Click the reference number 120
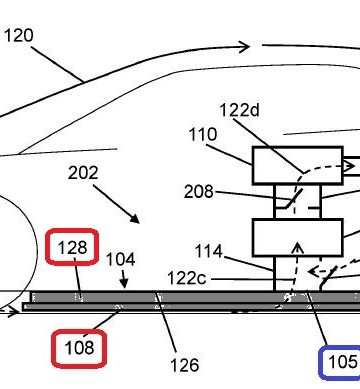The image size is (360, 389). pyautogui.click(x=19, y=35)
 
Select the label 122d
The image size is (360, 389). pyautogui.click(x=239, y=110)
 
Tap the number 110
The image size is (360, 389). pyautogui.click(x=203, y=134)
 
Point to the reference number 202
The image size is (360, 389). pyautogui.click(x=83, y=173)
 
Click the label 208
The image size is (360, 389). pyautogui.click(x=199, y=192)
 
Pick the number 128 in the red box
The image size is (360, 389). pyautogui.click(x=72, y=248)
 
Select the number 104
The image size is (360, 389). pyautogui.click(x=121, y=259)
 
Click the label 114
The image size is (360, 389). pyautogui.click(x=209, y=251)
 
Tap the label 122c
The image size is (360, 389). pyautogui.click(x=187, y=278)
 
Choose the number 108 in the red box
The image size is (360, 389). pyautogui.click(x=79, y=348)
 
